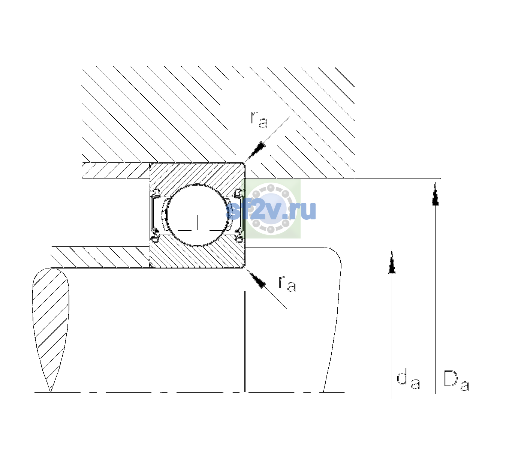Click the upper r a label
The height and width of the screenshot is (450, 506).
(x=259, y=120)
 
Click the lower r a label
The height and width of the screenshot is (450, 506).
(x=287, y=283)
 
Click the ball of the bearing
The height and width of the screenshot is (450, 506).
(x=197, y=215)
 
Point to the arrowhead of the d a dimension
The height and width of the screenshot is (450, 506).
(x=392, y=261)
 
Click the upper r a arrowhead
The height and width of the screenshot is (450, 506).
(x=256, y=151)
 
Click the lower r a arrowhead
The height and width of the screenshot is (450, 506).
(x=256, y=279)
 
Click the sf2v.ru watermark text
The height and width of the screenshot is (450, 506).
(x=271, y=211)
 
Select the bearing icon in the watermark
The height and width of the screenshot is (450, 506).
(x=271, y=209)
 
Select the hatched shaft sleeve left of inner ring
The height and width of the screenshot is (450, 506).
(x=100, y=257)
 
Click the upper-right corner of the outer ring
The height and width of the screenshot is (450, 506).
(x=245, y=163)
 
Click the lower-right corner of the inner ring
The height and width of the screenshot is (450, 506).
(x=245, y=268)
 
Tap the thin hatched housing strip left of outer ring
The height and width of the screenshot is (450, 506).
(x=115, y=171)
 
